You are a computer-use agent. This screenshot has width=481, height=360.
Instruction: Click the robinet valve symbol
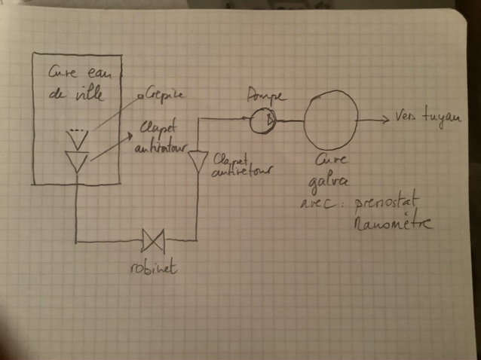click(154, 242)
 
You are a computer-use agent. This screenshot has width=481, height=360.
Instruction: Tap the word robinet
click(154, 266)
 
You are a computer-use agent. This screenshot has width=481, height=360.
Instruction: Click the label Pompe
click(264, 96)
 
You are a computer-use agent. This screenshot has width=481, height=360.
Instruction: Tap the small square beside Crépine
click(140, 96)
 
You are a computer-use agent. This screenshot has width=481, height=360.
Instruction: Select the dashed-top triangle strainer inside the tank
click(78, 136)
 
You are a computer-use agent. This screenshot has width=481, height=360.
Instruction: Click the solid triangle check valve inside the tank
click(77, 160)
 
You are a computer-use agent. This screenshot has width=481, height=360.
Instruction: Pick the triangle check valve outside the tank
click(198, 161)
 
